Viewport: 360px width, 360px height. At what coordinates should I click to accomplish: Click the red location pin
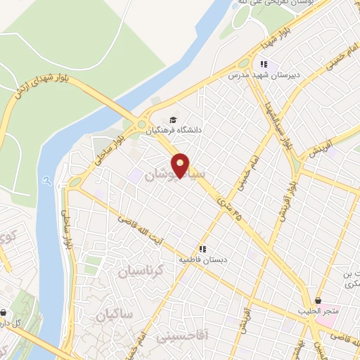181,165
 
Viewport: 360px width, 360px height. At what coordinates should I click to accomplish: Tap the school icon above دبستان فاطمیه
202,249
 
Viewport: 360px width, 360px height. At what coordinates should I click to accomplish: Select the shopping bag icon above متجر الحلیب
319,300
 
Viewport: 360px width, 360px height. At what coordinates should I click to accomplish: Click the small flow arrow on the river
46,181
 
